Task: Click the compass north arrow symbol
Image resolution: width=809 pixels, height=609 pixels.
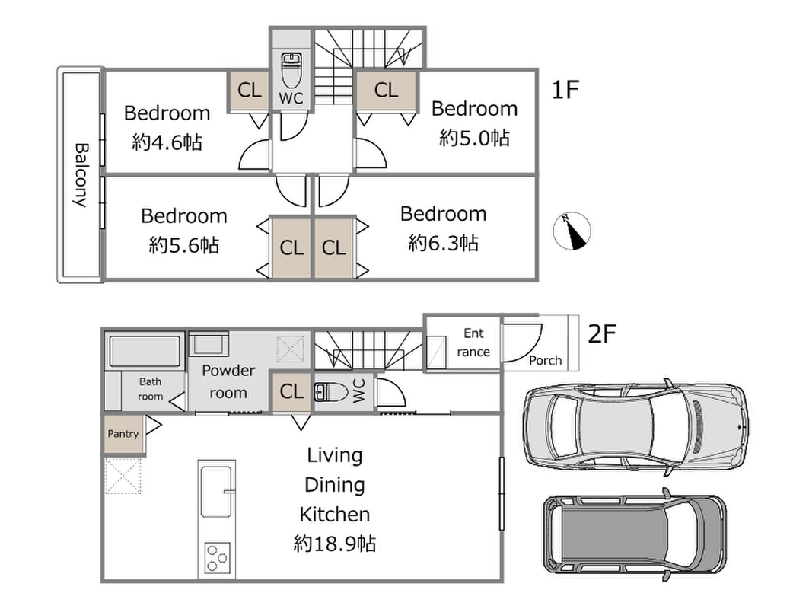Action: pos(572,231)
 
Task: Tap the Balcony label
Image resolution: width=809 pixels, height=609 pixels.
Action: pos(81,175)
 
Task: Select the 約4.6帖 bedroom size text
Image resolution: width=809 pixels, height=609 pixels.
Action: pos(167,142)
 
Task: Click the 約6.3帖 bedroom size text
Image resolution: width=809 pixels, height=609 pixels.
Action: pos(443,243)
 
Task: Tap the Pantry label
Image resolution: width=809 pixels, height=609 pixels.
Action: pos(123,434)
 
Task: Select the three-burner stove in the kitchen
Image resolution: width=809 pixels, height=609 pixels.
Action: pos(217,558)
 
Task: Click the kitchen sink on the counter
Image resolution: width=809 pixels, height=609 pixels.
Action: pos(215,491)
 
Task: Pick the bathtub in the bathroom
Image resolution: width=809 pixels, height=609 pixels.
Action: pos(145,352)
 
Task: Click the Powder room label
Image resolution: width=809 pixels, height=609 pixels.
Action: pos(228,382)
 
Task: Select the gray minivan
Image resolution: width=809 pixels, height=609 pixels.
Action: pos(635,534)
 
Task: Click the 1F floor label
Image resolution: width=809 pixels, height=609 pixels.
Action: pos(565,90)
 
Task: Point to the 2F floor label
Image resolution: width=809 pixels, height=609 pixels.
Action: pos(602,334)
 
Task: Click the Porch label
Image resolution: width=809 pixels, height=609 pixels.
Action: pos(546,361)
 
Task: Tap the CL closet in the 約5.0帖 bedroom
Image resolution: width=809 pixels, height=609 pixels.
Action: pos(386,91)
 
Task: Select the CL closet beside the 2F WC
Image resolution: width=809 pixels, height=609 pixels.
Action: pos(291,392)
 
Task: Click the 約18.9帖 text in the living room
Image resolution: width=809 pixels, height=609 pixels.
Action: pos(335,544)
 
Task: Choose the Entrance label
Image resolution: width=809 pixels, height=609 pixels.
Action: pos(473,343)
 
